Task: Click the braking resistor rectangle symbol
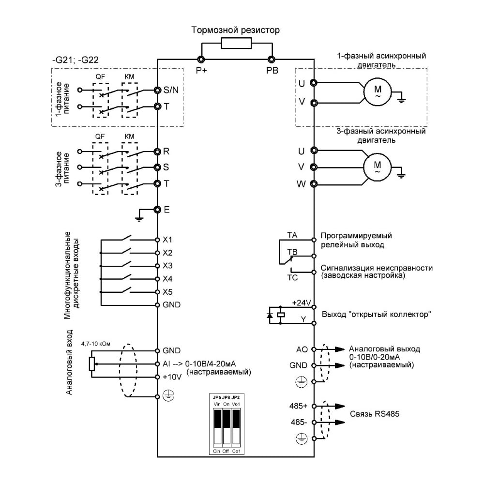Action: point(236,43)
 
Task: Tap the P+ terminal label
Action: point(201,70)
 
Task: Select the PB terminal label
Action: point(272,70)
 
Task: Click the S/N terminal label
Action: point(171,90)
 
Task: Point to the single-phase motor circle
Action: point(377,91)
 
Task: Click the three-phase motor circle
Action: point(377,167)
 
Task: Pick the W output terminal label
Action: point(301,184)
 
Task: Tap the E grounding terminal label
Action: point(166,210)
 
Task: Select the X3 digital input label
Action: point(167,266)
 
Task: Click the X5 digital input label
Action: point(167,292)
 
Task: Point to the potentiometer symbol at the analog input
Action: point(91,363)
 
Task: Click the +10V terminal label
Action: point(172,377)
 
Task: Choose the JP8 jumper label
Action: point(226,397)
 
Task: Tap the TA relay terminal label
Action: point(292,235)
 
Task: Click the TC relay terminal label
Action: point(292,277)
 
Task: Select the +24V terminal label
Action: point(302,303)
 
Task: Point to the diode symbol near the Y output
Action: point(270,315)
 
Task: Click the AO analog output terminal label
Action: point(302,349)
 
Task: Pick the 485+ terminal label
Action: point(299,406)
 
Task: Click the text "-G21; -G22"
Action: point(76,60)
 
